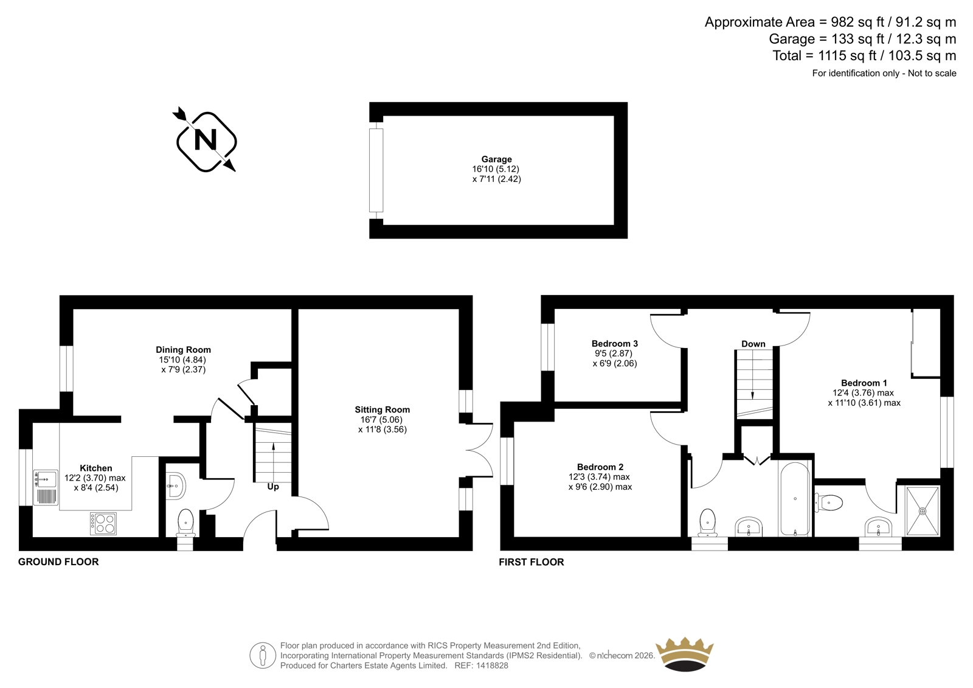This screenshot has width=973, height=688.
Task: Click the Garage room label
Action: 496,159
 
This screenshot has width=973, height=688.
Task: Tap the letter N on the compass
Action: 206,141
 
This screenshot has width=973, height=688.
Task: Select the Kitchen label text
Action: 96,468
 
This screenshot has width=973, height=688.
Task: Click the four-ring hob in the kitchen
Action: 103,523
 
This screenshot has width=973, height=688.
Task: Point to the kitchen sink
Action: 46,487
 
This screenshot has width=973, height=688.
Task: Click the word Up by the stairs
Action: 273,487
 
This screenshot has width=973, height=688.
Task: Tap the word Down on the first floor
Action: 753,344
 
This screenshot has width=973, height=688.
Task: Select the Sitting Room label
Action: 383,409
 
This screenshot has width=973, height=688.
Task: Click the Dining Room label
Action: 183,349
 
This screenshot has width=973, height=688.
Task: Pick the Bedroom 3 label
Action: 615,343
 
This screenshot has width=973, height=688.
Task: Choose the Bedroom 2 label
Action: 600,467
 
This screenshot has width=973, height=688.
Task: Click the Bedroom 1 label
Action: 864,383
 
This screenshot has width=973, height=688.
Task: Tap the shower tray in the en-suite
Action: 922,511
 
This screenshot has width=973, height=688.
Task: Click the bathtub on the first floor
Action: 795,498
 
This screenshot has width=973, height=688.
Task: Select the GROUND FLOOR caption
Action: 58,561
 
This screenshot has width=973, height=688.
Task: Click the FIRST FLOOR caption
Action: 532,562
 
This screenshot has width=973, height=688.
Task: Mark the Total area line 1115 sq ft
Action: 864,55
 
